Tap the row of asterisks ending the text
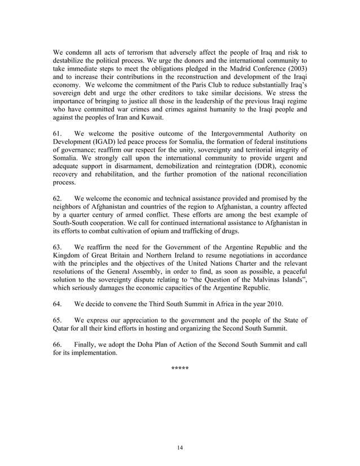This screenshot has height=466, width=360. point(180,369)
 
